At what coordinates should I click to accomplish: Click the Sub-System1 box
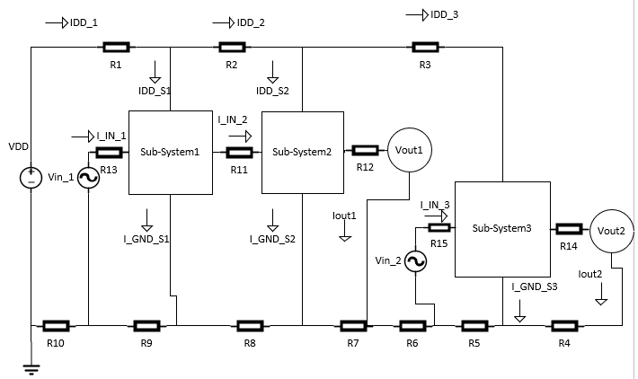pos(169,152)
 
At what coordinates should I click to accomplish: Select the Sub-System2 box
pos(302,152)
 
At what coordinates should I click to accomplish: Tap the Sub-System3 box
pos(501,229)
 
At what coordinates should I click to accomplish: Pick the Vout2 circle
pos(609,230)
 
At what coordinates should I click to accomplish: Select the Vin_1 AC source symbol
pos(89,178)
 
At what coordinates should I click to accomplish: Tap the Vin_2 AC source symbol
pos(415,260)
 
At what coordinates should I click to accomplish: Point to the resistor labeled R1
pos(116,48)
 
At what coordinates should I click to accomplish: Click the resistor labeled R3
pos(424,48)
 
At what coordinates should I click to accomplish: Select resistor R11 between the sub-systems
pos(238,152)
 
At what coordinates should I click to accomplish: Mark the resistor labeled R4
pos(564,325)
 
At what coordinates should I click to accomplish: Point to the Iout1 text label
pos(345,216)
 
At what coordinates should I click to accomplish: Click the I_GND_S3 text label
pos(534,286)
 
